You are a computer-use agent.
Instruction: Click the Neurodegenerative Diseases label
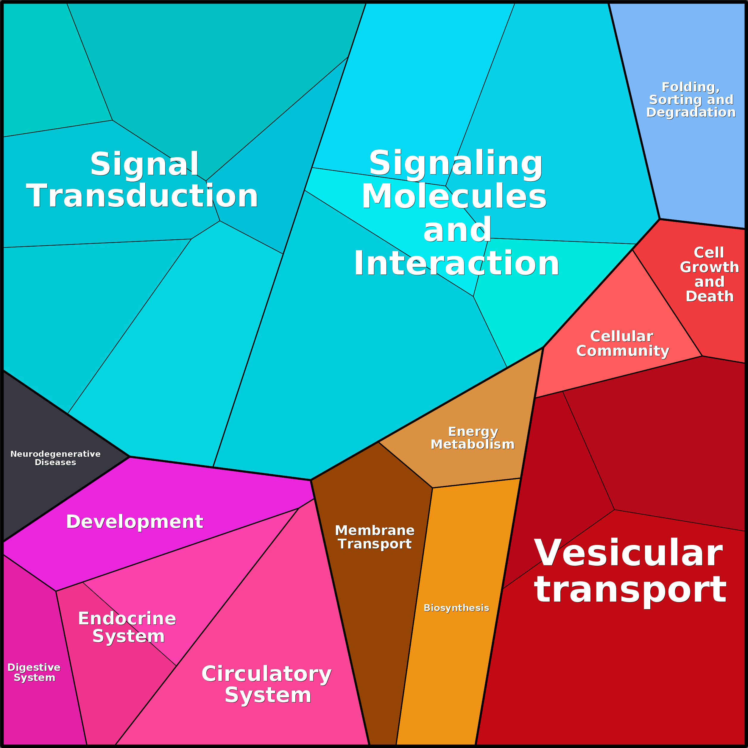55,458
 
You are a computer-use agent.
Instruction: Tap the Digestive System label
34,672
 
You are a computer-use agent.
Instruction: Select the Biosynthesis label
456,608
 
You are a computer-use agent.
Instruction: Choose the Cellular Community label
623,343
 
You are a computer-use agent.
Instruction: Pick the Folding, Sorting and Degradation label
691,99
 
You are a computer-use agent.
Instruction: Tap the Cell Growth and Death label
709,274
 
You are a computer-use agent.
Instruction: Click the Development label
135,521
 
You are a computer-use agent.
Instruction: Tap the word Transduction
142,196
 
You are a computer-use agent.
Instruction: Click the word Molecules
454,196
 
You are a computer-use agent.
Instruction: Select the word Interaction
456,263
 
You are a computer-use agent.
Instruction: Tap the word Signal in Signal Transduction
144,164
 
